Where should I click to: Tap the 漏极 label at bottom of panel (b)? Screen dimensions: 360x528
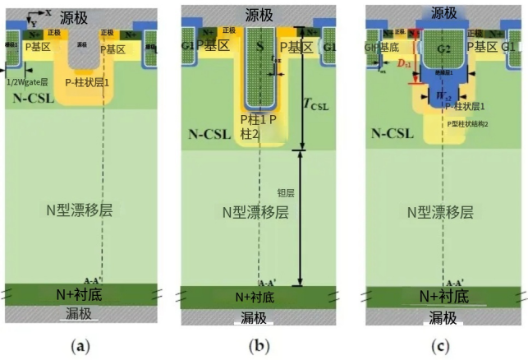[x=260, y=317]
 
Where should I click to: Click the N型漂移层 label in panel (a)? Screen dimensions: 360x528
[x=79, y=210]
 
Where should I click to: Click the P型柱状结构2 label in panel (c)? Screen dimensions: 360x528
[x=471, y=122]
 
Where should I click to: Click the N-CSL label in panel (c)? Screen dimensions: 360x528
[x=393, y=133]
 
